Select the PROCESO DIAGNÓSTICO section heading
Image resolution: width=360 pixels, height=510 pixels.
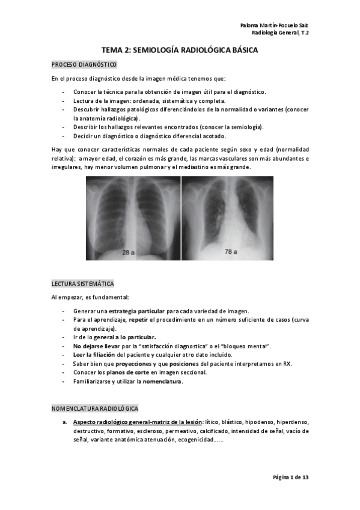click(84, 64)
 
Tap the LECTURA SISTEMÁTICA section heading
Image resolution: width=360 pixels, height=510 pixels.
click(83, 283)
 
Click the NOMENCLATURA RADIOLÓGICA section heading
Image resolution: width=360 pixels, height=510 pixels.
click(95, 408)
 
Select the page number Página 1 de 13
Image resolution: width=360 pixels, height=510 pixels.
click(290, 477)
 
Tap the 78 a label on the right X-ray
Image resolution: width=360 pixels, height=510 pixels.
click(231, 251)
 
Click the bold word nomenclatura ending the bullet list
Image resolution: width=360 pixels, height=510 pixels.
click(162, 381)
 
